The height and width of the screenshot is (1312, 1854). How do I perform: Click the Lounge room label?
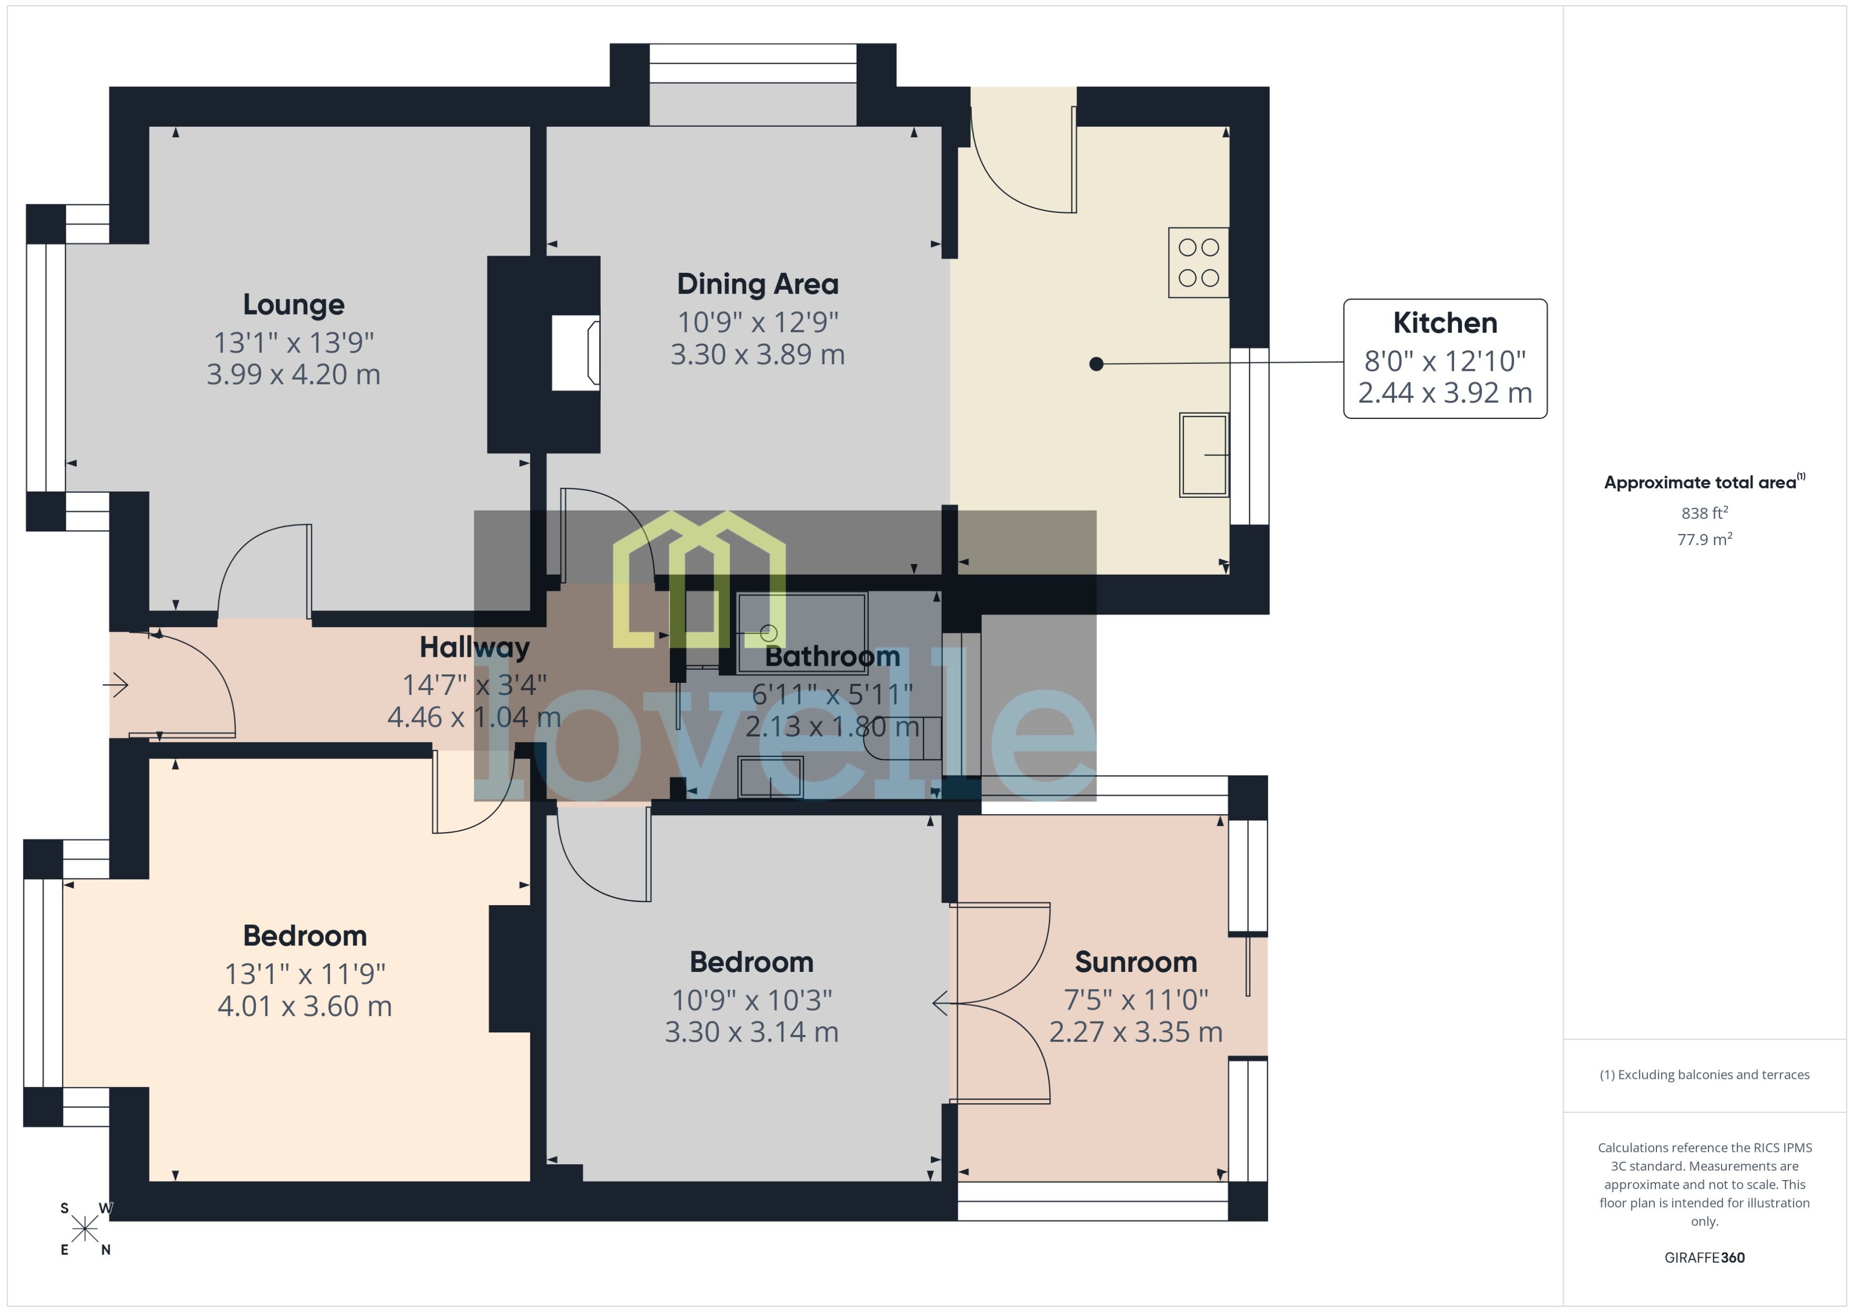coord(293,305)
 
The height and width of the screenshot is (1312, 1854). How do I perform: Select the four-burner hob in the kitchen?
coord(1198,263)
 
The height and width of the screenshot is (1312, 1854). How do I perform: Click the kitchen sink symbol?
coord(1203,455)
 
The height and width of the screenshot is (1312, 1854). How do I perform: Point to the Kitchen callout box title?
coord(1445,323)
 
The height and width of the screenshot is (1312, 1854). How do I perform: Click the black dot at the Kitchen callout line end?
coord(1096,364)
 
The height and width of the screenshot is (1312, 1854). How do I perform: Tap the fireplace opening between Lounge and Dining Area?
coord(575,353)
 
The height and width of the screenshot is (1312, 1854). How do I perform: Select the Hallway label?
coord(474,647)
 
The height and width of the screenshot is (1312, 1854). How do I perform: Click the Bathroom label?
coord(832,656)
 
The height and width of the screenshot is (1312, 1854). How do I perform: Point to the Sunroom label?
coord(1135,962)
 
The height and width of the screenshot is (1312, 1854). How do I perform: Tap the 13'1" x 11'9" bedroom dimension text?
coord(305,974)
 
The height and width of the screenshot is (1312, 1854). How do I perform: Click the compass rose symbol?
coord(85,1229)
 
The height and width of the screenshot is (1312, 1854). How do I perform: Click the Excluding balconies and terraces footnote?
coord(1704,1075)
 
